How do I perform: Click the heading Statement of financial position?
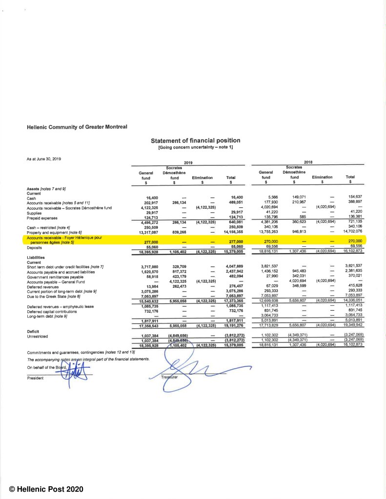click(x=195, y=140)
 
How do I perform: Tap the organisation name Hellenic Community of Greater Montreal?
click(x=77, y=127)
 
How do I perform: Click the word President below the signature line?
click(x=36, y=378)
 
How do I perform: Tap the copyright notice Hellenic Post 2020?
click(x=48, y=488)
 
